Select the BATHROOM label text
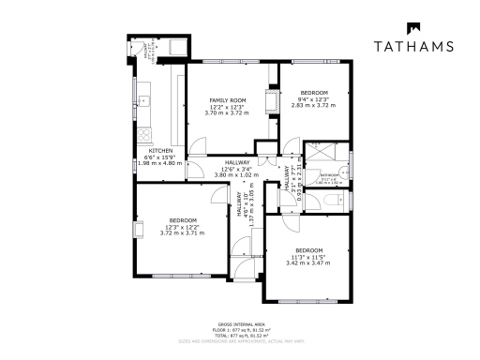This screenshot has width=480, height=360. click(x=329, y=175)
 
